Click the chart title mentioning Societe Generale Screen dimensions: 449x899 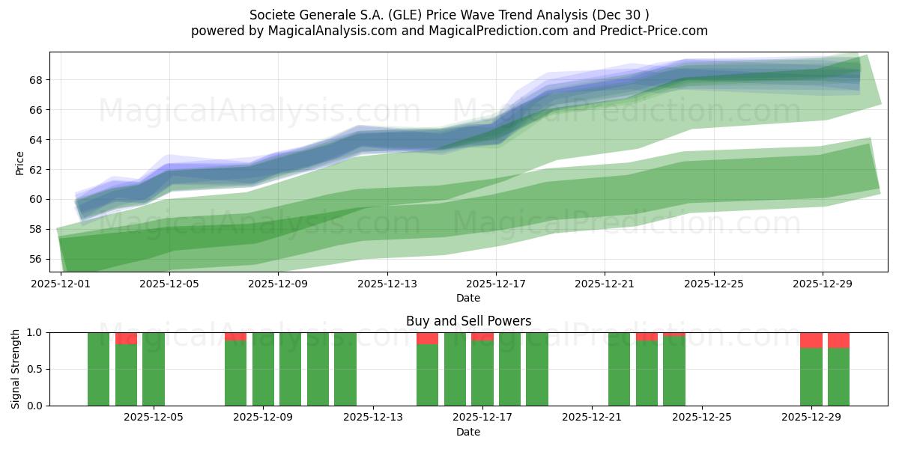pyautogui.click(x=449, y=14)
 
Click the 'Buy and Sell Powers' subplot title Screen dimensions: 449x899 pyautogui.click(x=468, y=321)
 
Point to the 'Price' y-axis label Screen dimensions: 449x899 pyautogui.click(x=19, y=162)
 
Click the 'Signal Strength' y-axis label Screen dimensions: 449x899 pyautogui.click(x=16, y=369)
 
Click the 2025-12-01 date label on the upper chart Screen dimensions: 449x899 pyautogui.click(x=60, y=284)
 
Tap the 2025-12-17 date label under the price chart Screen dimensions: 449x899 pyautogui.click(x=496, y=284)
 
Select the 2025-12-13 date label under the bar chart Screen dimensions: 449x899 pyautogui.click(x=372, y=418)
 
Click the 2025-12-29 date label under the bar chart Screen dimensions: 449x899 pyautogui.click(x=811, y=418)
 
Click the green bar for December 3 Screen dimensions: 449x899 pyautogui.click(x=99, y=369)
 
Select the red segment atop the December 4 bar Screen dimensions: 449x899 pyautogui.click(x=126, y=338)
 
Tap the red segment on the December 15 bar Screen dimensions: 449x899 pyautogui.click(x=427, y=338)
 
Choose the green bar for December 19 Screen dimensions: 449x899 pyautogui.click(x=536, y=369)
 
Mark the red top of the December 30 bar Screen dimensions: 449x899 pyautogui.click(x=838, y=340)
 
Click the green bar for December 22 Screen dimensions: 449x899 pyautogui.click(x=619, y=369)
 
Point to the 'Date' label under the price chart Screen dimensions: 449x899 pyautogui.click(x=468, y=298)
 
